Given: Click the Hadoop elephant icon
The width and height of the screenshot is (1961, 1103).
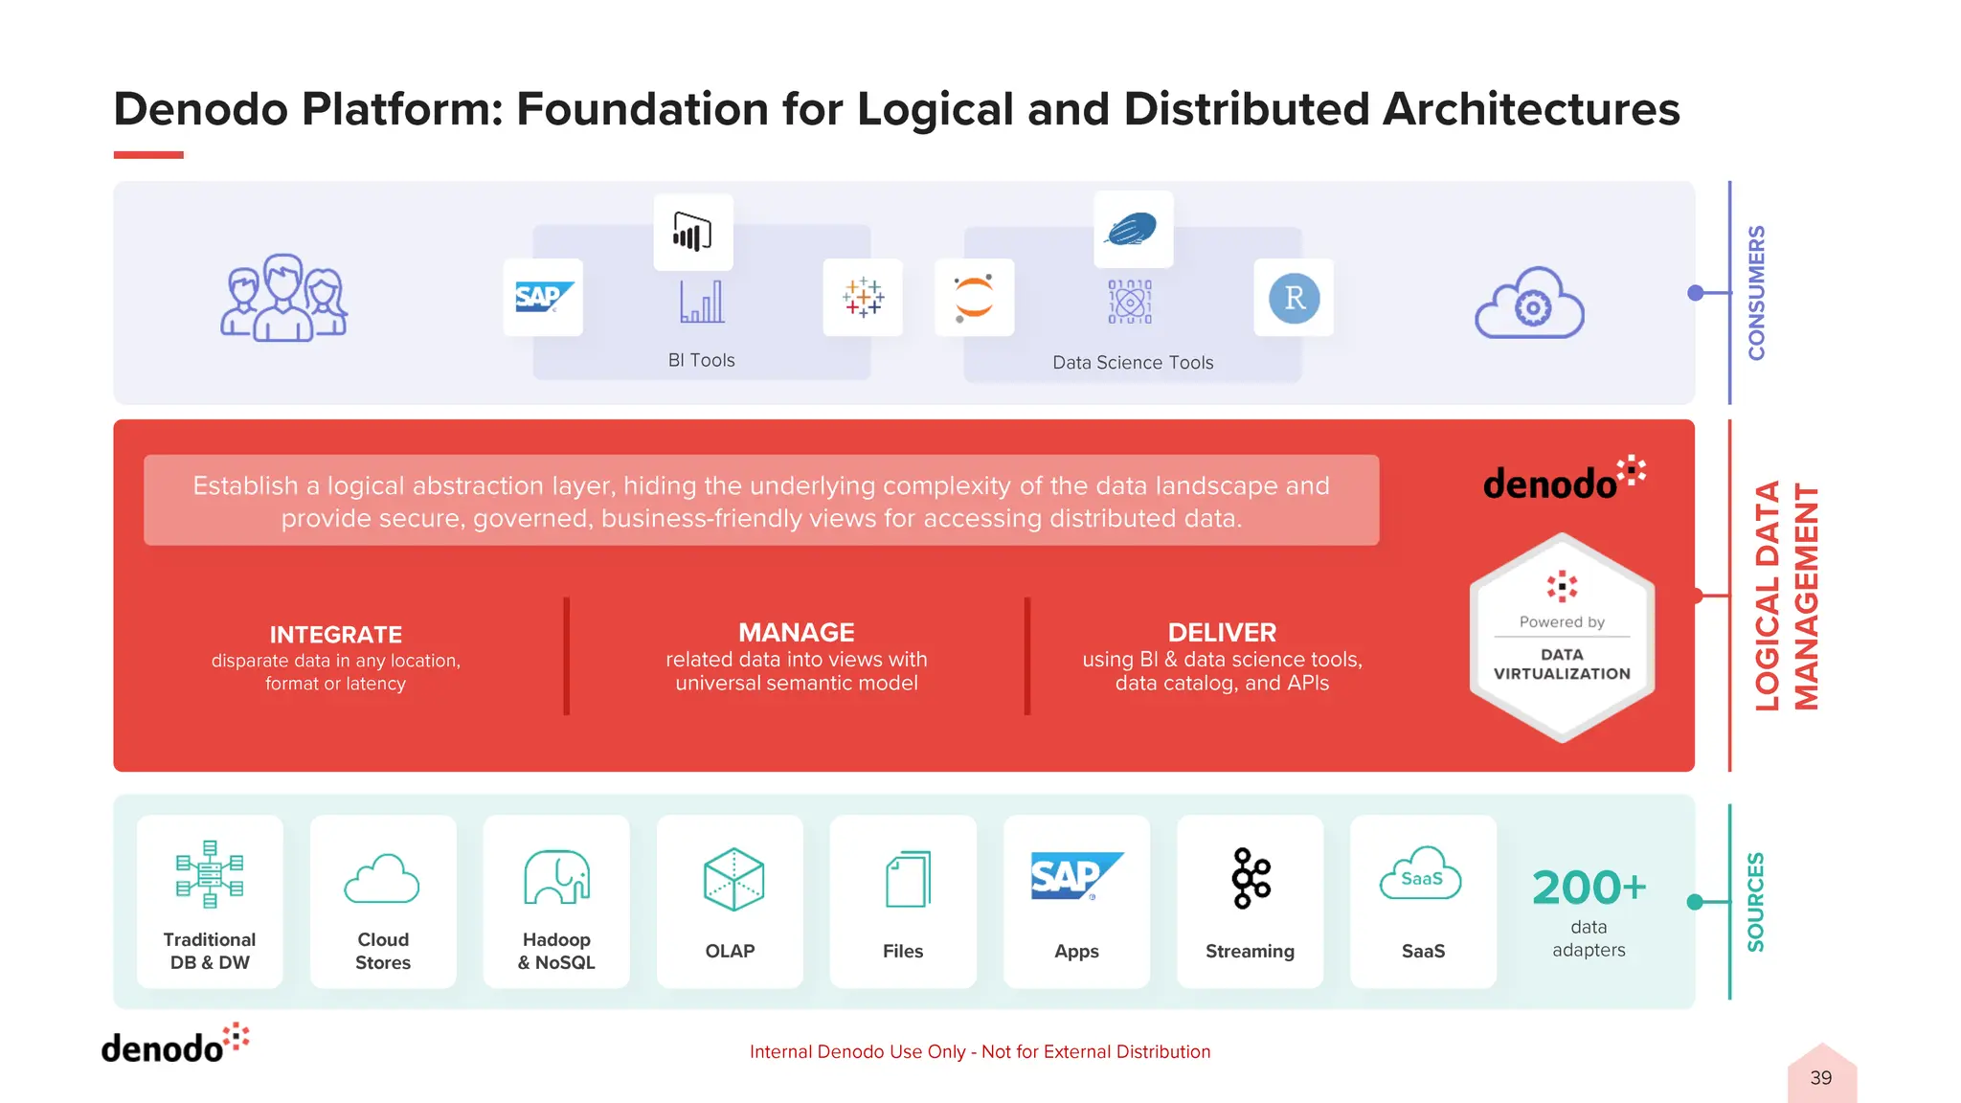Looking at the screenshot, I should (556, 877).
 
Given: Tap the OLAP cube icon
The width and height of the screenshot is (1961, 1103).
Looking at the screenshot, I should (733, 879).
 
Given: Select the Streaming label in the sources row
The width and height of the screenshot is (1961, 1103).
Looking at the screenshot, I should (1250, 951).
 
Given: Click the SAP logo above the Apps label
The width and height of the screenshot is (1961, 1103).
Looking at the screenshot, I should (1076, 876).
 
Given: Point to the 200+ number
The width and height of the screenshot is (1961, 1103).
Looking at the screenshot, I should (1589, 888).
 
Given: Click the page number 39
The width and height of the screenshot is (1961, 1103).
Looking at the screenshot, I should (1820, 1078).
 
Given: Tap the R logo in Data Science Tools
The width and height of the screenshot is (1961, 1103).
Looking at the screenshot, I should (1294, 298).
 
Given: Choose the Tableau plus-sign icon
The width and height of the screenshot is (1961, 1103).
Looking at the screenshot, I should (863, 298).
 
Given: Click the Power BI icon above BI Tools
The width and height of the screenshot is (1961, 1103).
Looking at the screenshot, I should (692, 233).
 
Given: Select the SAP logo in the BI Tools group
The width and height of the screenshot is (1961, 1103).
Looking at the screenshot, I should (543, 297).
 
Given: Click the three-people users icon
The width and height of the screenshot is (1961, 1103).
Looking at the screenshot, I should (284, 298).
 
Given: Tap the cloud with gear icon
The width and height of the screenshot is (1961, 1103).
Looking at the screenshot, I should (1529, 304).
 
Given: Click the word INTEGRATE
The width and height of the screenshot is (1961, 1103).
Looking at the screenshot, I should (335, 635).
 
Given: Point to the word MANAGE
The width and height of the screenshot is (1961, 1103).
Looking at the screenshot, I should (796, 633).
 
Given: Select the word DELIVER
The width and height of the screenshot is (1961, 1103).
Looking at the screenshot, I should (1222, 633).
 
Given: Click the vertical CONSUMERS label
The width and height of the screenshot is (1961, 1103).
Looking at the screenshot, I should (1756, 293).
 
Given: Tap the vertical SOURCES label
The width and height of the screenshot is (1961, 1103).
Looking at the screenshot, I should (1755, 902).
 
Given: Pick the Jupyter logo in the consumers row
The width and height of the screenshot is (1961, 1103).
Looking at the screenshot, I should (974, 298).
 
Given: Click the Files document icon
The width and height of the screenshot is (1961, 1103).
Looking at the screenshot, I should (907, 879).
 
